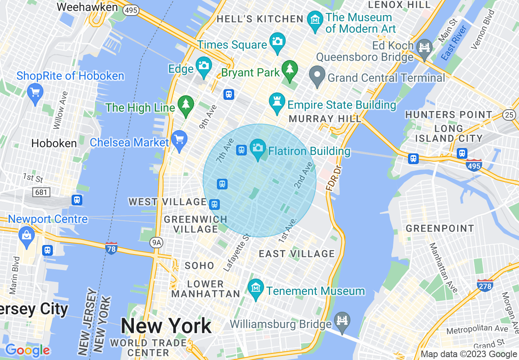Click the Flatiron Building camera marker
click(x=258, y=148)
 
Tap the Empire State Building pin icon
click(x=277, y=102)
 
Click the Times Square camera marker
click(x=277, y=42)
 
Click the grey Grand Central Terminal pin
click(x=317, y=76)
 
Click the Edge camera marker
click(x=204, y=66)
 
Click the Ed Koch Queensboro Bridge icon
click(x=424, y=47)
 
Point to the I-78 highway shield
click(x=111, y=248)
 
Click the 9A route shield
click(x=156, y=243)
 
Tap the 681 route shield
click(x=41, y=192)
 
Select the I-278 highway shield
click(x=485, y=285)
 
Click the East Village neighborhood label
click(x=297, y=254)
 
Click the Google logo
click(x=27, y=350)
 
